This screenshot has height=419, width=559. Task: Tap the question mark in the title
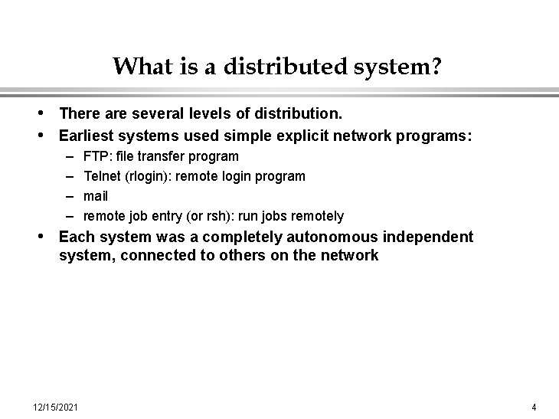(435, 67)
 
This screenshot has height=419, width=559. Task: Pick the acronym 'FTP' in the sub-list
(95, 156)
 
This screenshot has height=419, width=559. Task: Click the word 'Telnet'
(102, 176)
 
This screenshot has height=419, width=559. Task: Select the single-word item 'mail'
(96, 196)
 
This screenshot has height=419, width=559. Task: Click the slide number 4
(534, 406)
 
